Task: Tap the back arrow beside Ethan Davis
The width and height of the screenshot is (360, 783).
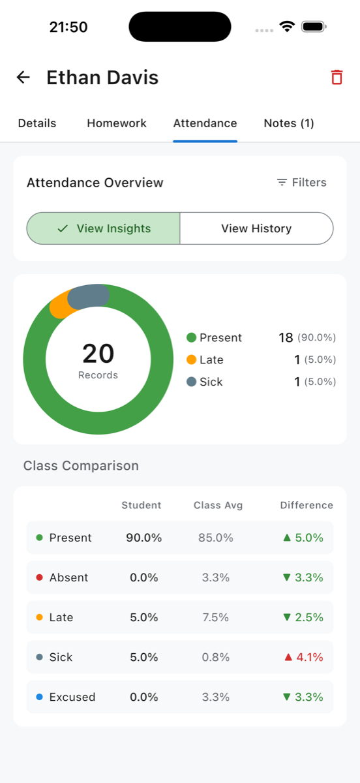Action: coord(23,78)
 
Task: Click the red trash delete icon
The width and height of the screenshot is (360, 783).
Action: coord(337,78)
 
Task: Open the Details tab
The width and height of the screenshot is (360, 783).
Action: coord(37,123)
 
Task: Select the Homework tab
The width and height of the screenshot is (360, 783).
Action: coord(117,123)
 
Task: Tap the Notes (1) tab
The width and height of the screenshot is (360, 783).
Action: coord(289,123)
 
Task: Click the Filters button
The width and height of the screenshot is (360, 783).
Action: coord(301,183)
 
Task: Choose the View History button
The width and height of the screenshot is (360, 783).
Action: coord(256,228)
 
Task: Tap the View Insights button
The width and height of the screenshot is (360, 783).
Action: coord(104,228)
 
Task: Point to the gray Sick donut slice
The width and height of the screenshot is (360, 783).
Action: coord(88,297)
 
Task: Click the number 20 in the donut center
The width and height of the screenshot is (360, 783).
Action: coord(98,354)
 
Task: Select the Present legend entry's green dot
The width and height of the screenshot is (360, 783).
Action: coord(191,337)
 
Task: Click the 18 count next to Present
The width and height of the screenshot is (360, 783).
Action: coord(286,337)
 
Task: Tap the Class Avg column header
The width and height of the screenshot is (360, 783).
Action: coord(218,505)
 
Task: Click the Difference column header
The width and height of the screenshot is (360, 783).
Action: coord(307,505)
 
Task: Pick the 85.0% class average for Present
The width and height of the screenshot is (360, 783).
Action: coord(216,538)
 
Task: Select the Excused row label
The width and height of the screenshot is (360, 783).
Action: coord(72,697)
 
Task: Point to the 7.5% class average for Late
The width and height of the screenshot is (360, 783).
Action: coord(216,617)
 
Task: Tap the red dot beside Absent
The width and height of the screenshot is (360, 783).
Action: coord(39,577)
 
